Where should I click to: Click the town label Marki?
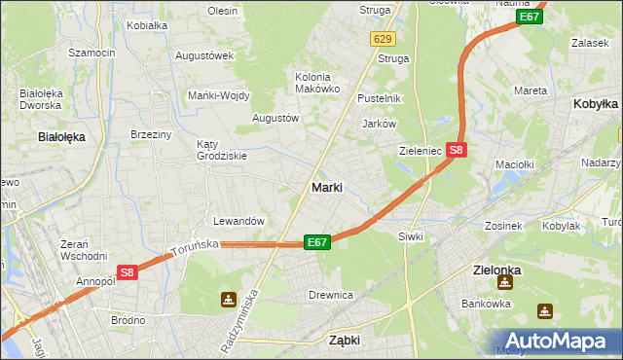326,188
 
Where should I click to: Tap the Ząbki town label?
345,341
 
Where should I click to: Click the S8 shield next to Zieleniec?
457,150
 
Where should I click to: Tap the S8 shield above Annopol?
127,273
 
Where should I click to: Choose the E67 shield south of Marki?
316,242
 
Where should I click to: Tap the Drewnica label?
330,295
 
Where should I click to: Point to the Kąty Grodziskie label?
215,149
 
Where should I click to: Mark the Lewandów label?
238,221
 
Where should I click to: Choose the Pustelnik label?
380,98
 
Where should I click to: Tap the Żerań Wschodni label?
83,250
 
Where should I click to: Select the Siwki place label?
409,236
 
